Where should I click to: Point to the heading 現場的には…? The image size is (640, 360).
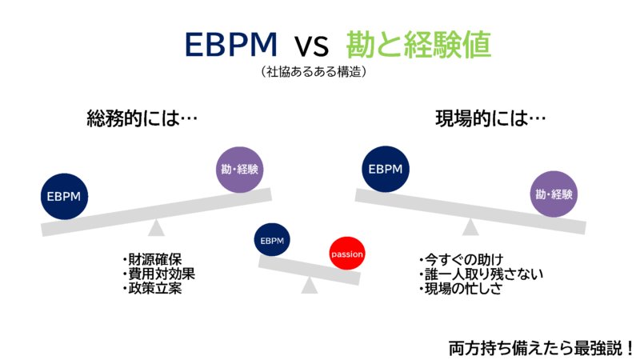490,119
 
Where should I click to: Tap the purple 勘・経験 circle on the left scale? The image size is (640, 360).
242,170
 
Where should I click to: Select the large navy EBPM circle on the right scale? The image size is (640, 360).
385,169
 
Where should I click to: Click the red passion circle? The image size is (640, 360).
346,254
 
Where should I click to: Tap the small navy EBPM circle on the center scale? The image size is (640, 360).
271,239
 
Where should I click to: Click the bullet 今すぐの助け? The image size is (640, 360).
460,259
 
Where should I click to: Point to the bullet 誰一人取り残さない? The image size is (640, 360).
481,274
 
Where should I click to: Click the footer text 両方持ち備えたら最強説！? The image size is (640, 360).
541,349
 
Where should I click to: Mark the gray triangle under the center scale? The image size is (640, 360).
309,286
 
